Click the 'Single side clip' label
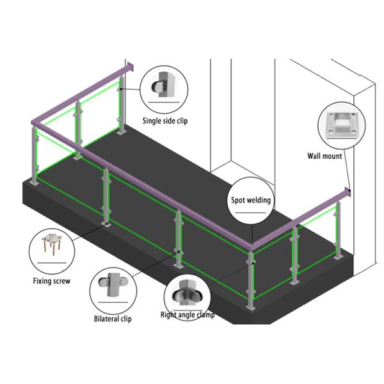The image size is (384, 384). (x=165, y=121)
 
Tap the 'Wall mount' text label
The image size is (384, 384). (x=324, y=156)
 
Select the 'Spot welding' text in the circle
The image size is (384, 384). (x=251, y=200)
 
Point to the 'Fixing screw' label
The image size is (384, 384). (x=52, y=281)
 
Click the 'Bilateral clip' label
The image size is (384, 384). (x=113, y=319)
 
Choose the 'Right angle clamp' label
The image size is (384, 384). (x=188, y=315)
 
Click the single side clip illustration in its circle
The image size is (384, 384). (x=163, y=84)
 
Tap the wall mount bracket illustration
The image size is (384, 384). (x=341, y=124)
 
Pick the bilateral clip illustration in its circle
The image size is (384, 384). (x=113, y=285)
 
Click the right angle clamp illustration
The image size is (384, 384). (x=187, y=293)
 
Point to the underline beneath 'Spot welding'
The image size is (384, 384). (x=250, y=213)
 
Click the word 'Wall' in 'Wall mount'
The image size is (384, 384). (x=314, y=156)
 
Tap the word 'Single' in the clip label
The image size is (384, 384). (x=151, y=121)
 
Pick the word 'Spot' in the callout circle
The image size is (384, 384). (x=237, y=200)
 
